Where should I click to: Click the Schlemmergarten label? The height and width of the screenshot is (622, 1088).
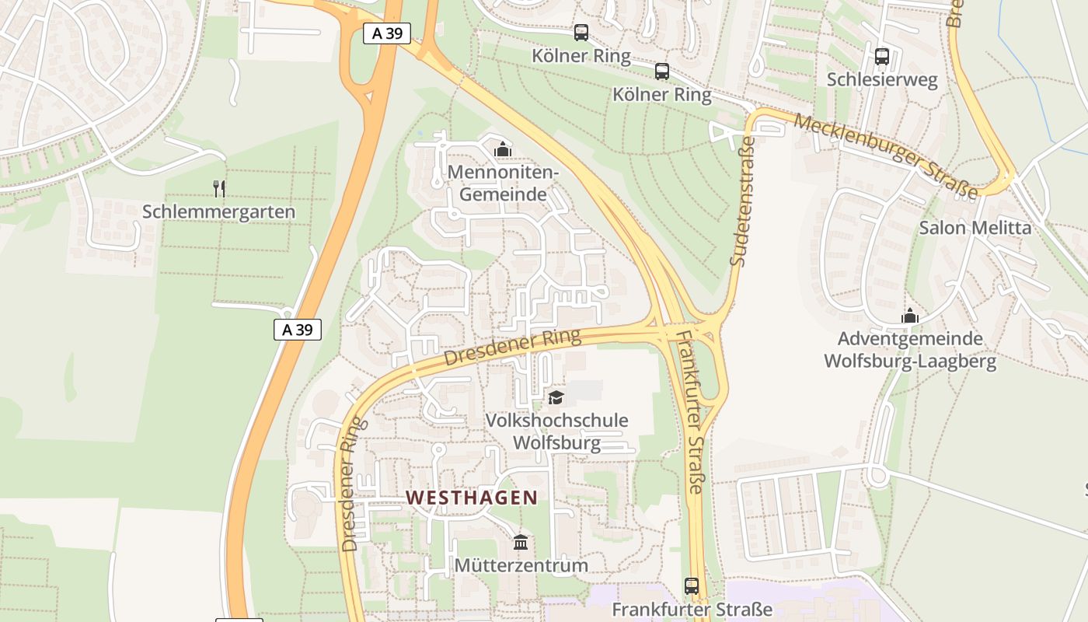pos(218,211)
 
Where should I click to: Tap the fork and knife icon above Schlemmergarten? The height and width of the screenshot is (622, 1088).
pos(219,188)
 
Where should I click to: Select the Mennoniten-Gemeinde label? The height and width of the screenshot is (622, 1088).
pos(503,183)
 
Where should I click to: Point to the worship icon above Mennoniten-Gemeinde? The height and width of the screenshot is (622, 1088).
pos(503,149)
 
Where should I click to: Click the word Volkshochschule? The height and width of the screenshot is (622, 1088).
pos(556,421)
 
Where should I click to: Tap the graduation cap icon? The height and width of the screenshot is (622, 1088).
pos(556,398)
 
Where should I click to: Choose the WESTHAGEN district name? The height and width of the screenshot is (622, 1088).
pos(472,498)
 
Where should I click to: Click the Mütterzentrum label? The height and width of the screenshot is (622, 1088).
pos(521,565)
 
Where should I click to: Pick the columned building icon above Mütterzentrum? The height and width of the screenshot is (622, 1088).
pos(521,542)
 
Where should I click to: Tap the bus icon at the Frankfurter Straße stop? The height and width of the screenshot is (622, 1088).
pos(692,585)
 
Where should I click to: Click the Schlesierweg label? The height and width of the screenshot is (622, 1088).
pos(882,79)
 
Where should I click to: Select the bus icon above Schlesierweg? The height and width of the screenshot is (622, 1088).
pos(882,57)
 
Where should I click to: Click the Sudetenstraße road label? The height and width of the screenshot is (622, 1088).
pos(743,202)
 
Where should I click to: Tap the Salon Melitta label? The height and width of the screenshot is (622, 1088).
pos(975,228)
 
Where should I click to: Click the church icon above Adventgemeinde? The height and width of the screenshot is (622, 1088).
pos(910,316)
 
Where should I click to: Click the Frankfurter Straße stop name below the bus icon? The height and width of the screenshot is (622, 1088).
pos(692,609)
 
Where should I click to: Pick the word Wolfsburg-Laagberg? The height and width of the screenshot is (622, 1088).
pos(910,362)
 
